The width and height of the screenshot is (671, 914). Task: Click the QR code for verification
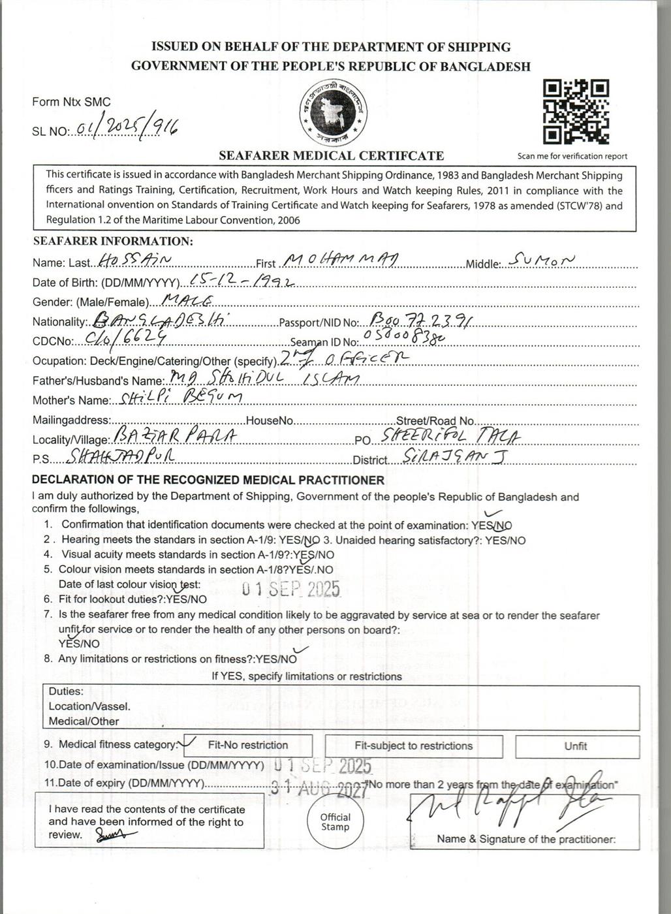click(x=576, y=112)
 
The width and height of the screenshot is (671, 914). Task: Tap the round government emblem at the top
click(x=333, y=114)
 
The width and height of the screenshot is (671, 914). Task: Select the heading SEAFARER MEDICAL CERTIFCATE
click(x=331, y=155)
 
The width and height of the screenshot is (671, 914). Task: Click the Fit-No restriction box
click(x=248, y=746)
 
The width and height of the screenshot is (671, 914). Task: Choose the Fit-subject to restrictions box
click(x=413, y=746)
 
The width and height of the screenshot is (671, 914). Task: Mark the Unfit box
click(x=576, y=746)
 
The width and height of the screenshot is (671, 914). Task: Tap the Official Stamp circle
click(x=335, y=822)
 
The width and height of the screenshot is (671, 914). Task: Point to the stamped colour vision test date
click(x=291, y=588)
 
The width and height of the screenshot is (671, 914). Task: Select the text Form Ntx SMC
click(x=71, y=102)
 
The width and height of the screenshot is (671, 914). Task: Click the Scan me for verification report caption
click(x=572, y=156)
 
